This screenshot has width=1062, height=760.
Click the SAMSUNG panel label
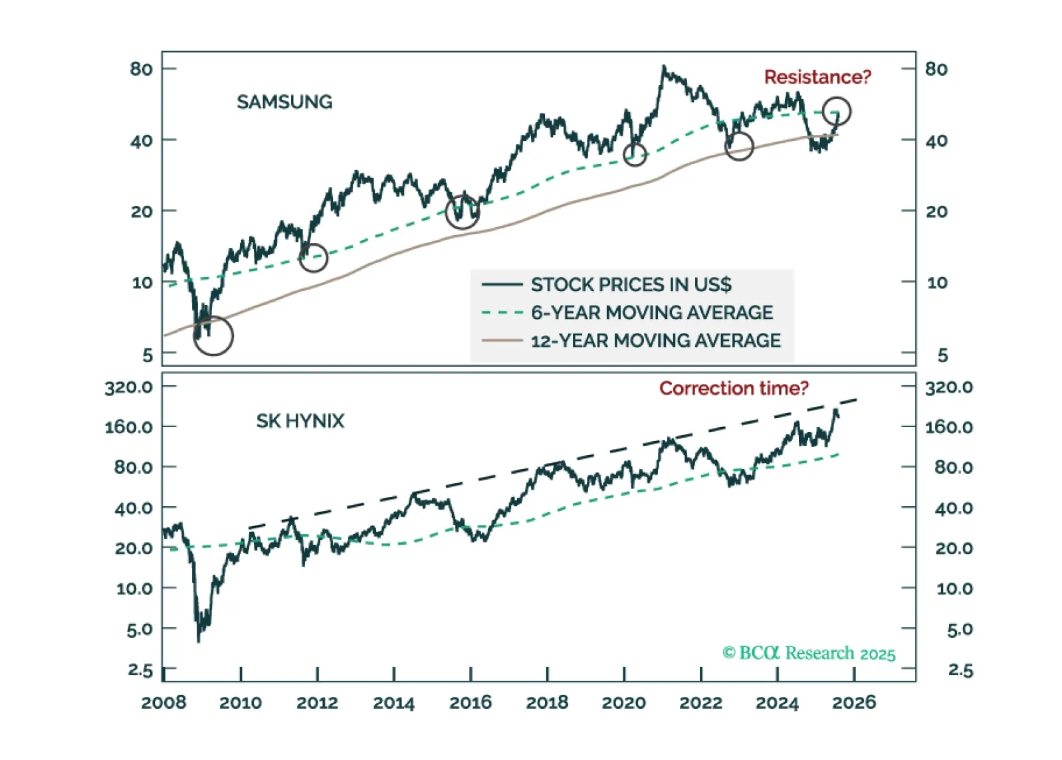(284, 102)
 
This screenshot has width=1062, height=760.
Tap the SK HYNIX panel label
(300, 421)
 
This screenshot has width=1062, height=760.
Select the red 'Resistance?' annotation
(817, 77)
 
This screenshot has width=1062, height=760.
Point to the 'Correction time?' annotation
(734, 388)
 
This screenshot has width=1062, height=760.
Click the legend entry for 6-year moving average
(651, 312)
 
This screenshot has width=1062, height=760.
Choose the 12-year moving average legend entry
(655, 340)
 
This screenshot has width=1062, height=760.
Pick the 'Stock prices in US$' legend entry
(631, 284)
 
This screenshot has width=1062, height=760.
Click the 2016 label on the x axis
(471, 702)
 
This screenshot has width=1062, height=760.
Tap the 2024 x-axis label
(777, 702)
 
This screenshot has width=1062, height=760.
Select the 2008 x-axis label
(163, 702)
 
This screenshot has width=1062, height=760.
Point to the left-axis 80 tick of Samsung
(141, 69)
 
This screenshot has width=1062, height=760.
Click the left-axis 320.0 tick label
(129, 387)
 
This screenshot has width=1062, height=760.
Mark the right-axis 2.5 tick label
(960, 670)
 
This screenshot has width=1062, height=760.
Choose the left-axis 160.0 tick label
(129, 427)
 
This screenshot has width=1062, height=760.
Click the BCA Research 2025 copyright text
(809, 653)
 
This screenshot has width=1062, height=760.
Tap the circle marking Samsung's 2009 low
(213, 335)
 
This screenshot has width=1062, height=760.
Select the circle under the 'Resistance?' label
(836, 112)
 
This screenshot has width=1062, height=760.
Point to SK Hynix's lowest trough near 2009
(198, 640)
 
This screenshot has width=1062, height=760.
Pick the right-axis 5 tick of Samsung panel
(942, 355)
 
